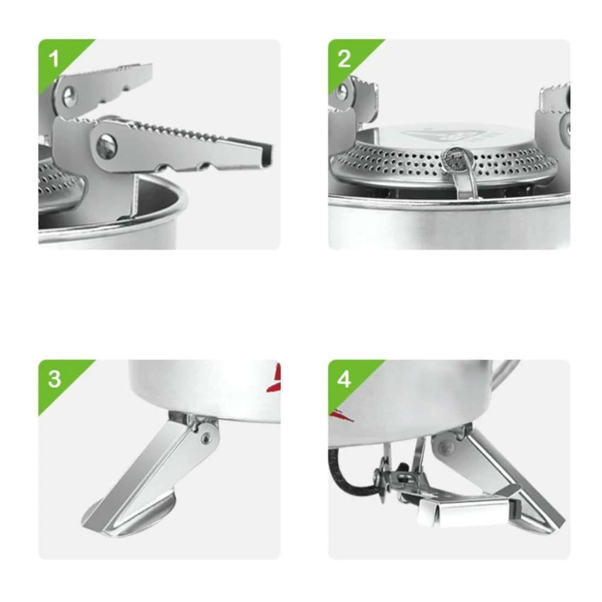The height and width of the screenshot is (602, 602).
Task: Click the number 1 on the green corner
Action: pos(54,59)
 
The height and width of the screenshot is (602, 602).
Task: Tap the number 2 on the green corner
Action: pos(344,59)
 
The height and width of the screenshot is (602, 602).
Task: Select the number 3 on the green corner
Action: pos(54,379)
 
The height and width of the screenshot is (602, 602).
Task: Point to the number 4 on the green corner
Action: pos(344,379)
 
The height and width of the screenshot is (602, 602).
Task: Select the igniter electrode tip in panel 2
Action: pos(456,157)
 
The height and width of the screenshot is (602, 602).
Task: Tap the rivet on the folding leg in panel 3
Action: pos(206,437)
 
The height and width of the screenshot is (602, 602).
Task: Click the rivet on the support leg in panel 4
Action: pos(445,447)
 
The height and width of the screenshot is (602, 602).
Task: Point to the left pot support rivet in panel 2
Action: pos(343,91)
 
